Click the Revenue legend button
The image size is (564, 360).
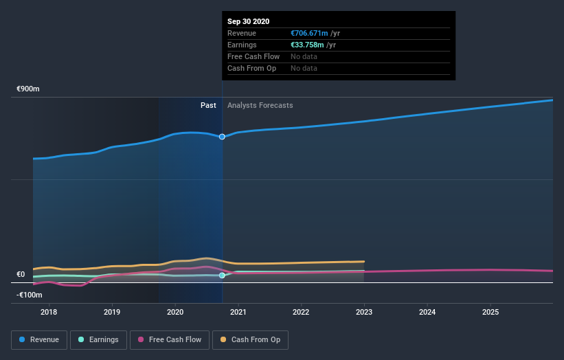(40, 339)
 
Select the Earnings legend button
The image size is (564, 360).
(99, 339)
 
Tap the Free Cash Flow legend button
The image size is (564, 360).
(169, 339)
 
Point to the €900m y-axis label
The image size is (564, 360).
(28, 89)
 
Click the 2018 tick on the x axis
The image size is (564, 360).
(49, 312)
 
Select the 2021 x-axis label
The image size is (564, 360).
(238, 312)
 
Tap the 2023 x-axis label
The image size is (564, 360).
(364, 312)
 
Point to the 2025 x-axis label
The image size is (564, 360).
(490, 312)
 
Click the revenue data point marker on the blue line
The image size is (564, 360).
(222, 137)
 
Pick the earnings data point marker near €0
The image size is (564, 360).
(222, 275)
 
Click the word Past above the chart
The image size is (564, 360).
(208, 105)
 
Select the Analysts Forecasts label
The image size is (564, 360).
(260, 105)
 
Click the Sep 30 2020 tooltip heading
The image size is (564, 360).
(249, 21)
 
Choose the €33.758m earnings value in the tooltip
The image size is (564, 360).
(308, 45)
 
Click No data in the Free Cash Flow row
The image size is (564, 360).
(304, 56)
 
